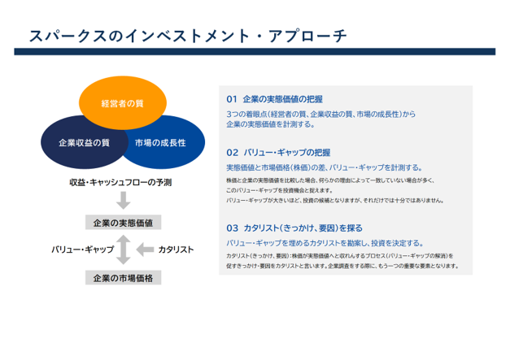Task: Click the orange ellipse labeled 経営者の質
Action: (x=123, y=103)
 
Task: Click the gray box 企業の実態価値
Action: (x=124, y=223)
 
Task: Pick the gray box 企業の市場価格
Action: (x=124, y=278)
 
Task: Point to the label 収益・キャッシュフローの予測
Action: (x=120, y=182)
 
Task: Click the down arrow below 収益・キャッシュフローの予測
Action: (x=124, y=201)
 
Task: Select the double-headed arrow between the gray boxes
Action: (x=124, y=249)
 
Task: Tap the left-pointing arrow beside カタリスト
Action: (x=145, y=249)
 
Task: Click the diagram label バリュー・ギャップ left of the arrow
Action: (x=83, y=249)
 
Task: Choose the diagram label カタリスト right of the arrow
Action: (x=176, y=249)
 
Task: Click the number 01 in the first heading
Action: (x=232, y=99)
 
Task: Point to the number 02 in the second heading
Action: (x=233, y=153)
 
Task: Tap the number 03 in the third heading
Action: (x=233, y=228)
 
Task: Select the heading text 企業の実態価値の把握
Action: (x=282, y=99)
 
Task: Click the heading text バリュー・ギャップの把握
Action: (x=287, y=153)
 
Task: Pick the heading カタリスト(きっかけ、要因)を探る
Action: (x=303, y=228)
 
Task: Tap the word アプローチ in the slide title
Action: (x=307, y=36)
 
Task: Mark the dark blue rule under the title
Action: (x=255, y=52)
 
